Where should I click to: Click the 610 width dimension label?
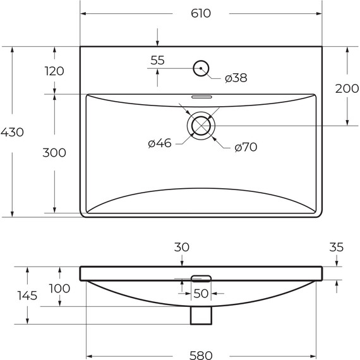201,13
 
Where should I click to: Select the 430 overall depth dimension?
12,133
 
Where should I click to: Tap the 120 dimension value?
54,71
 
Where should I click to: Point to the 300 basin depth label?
54,153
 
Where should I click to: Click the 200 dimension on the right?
347,89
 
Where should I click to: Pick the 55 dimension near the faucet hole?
157,61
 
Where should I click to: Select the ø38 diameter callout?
236,78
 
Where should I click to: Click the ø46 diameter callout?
160,144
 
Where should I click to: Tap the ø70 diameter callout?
246,147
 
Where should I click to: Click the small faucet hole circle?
201,68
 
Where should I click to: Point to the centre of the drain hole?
201,125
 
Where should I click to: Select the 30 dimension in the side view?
182,248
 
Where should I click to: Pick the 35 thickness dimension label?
336,248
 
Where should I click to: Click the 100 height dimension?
59,289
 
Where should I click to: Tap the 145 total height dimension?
28,295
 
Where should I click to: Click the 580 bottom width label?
201,355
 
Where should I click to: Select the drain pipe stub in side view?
201,315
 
